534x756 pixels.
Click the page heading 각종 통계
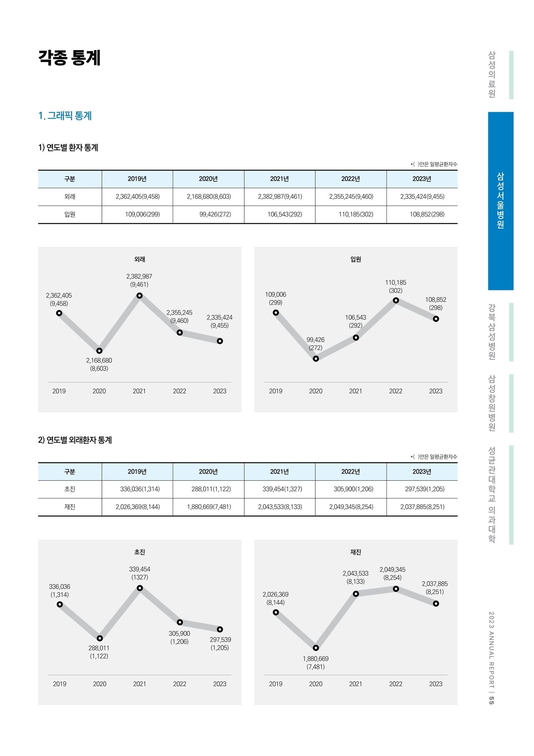click(x=69, y=57)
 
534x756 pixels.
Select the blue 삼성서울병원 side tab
click(x=501, y=201)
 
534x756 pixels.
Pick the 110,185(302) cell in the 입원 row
click(x=356, y=215)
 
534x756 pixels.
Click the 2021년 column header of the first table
click(x=279, y=179)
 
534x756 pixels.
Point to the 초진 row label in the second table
click(x=70, y=489)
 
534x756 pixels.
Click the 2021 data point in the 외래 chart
click(x=139, y=295)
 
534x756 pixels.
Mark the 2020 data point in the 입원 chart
click(x=316, y=359)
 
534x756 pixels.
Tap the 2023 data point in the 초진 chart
click(x=220, y=629)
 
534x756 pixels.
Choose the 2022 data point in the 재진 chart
click(x=396, y=589)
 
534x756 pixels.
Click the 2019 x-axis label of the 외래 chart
click(x=59, y=391)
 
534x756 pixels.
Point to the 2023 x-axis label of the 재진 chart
click(x=436, y=684)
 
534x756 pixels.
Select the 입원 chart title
click(x=356, y=259)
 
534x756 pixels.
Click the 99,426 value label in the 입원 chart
click(x=316, y=339)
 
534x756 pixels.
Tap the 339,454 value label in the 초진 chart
click(x=140, y=569)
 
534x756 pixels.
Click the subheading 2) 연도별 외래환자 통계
click(x=75, y=440)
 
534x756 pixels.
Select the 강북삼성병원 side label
click(x=492, y=332)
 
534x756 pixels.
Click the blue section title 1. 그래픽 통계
click(x=65, y=116)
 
